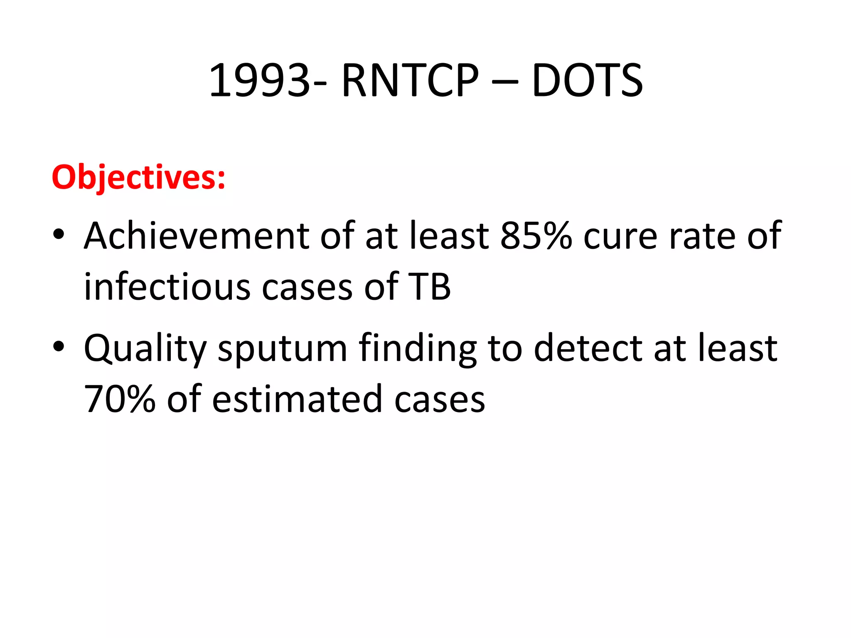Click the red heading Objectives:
point(138,177)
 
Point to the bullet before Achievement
point(59,234)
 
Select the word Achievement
point(196,236)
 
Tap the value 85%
point(536,236)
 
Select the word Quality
point(145,349)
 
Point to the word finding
point(418,349)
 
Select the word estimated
point(297,399)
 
